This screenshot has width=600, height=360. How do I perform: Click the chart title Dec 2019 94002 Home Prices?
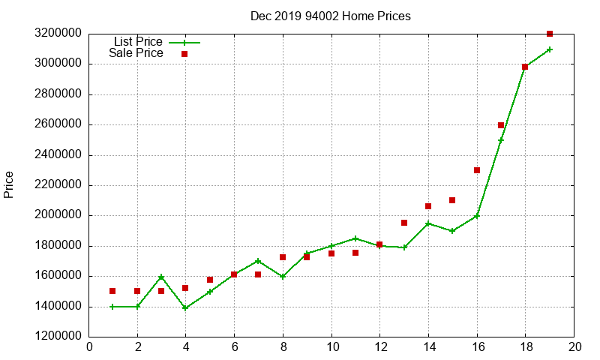(331, 16)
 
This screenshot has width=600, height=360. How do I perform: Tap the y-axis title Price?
(9, 184)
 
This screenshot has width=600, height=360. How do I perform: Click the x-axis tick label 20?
(575, 347)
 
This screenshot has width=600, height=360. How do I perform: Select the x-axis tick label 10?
(331, 347)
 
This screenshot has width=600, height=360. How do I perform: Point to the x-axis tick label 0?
(90, 347)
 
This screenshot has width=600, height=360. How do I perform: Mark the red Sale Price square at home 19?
(550, 34)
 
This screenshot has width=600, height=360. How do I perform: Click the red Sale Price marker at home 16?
(477, 170)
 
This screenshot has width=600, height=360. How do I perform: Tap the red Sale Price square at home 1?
(112, 291)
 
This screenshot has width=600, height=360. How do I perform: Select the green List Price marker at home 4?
(185, 307)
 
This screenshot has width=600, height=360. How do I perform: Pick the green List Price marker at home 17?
(501, 140)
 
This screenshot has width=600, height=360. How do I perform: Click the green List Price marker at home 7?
(258, 261)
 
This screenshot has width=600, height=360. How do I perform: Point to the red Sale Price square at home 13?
(404, 223)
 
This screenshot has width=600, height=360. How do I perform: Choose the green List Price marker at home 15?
(452, 231)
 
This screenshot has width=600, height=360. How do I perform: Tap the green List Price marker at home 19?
(550, 49)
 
